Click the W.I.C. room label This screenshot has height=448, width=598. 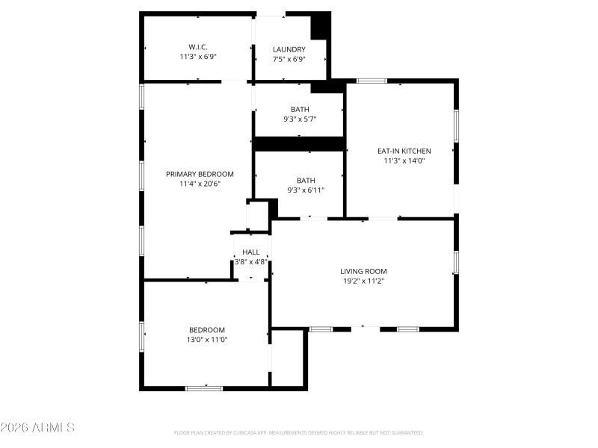coord(198,47)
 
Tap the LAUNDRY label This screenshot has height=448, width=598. coord(289,50)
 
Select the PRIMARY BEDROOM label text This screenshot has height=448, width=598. coord(200,174)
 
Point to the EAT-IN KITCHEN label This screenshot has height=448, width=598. coord(404,151)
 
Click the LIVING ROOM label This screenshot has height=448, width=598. coord(363,272)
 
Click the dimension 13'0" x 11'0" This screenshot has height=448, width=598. coord(207,340)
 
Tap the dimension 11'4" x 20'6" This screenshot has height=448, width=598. coord(200,184)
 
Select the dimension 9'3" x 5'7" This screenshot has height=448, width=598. coord(300,119)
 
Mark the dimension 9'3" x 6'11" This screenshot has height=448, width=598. coord(306,190)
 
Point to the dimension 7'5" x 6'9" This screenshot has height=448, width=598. coord(289,60)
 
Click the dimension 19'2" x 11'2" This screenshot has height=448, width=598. coord(363,281)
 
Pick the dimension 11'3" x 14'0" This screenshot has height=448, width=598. coord(404,161)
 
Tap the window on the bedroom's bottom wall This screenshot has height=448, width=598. coord(203,388)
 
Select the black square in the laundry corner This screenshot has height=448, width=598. coord(320,26)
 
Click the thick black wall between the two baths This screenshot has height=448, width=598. coord(299,143)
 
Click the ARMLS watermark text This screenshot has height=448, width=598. coord(37,428)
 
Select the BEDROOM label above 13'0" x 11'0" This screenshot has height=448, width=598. coord(207,330)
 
